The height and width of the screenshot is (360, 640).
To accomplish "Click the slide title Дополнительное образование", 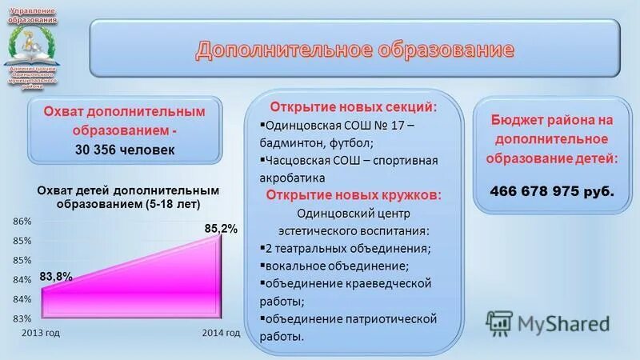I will coord(354,50).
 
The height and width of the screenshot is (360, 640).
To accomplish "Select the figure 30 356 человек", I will coord(125,150).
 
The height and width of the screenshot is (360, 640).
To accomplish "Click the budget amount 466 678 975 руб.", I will coord(552,191).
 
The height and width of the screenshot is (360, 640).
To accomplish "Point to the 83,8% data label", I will coord(56,276).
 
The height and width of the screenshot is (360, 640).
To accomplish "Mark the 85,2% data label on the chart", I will coord(221,229).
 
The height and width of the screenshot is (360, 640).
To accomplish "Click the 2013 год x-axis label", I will coord(41,333).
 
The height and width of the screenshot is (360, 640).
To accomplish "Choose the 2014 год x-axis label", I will coord(221,333).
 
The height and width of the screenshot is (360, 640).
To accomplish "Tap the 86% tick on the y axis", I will coord(22,221).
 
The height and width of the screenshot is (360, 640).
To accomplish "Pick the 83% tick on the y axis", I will coord(22,318).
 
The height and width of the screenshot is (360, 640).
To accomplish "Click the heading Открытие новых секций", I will coord(354,107).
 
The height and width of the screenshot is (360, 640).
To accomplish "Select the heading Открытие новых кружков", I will coord(354,195).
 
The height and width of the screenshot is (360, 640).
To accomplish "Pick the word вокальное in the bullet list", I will coord(296,266).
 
